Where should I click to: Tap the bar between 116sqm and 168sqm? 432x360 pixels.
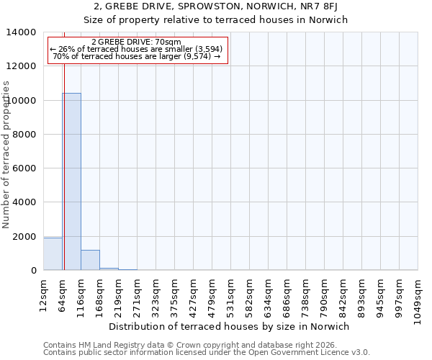coord(90,260)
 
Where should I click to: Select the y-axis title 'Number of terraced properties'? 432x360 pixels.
coord(7,154)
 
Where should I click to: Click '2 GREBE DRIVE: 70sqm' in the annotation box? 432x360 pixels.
coord(137,42)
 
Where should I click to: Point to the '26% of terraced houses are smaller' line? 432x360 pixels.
coord(137,49)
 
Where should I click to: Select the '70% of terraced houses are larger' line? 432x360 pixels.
coord(137,56)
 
